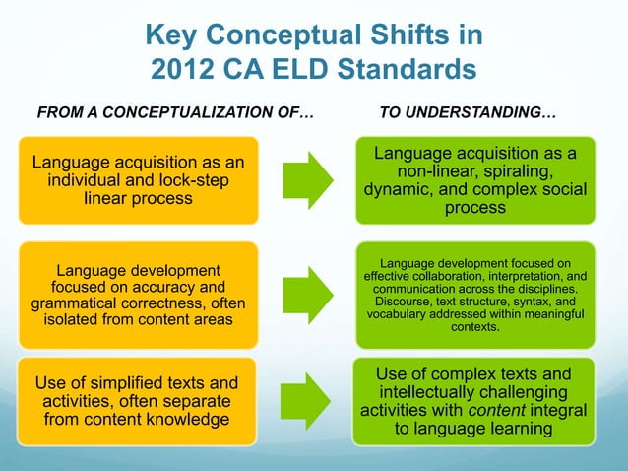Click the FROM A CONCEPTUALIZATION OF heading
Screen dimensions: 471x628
click(x=174, y=116)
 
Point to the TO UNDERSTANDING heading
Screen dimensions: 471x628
click(x=467, y=116)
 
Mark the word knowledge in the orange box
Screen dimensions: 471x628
click(x=202, y=421)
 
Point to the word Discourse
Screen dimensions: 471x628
click(x=405, y=302)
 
